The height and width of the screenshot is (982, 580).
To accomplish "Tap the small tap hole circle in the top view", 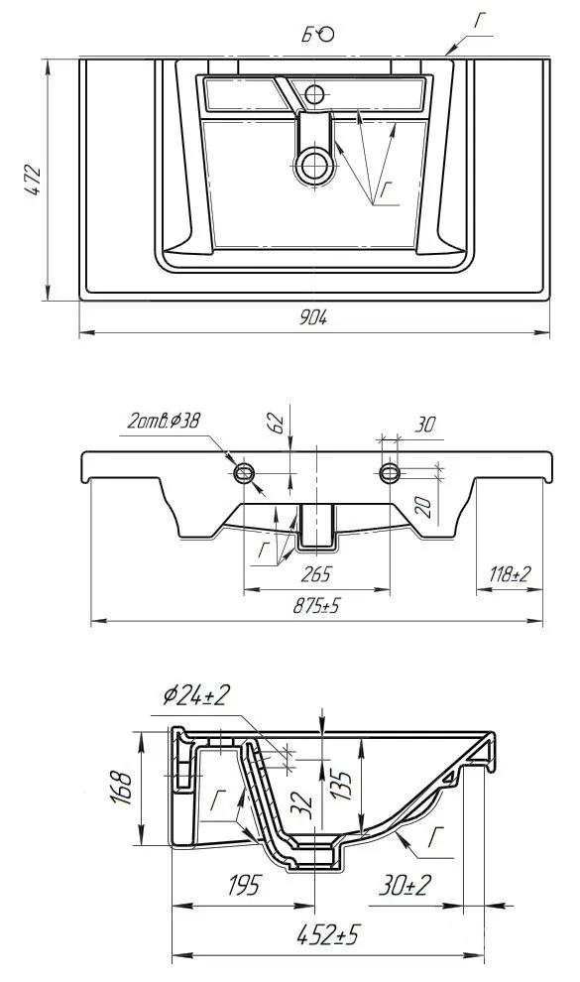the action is (x=314, y=94).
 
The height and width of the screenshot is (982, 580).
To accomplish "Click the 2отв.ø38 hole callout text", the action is (x=164, y=421).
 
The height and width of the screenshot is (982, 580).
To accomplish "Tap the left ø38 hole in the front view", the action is (x=244, y=473).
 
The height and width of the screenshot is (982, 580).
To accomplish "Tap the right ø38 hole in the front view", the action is (x=390, y=473).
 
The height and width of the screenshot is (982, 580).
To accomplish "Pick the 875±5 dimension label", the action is (x=317, y=606).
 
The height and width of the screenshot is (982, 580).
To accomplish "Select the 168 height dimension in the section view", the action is (x=121, y=788).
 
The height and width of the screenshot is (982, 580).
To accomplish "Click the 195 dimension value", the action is (x=242, y=886).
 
